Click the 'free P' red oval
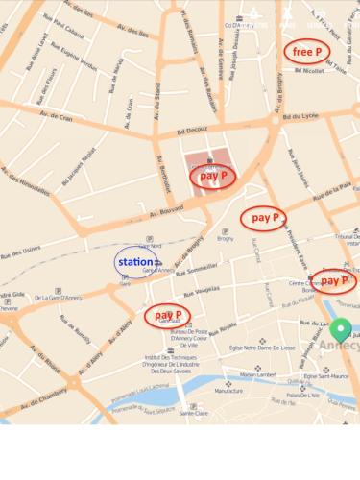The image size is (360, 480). (307, 51)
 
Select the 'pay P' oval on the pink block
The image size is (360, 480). (212, 176)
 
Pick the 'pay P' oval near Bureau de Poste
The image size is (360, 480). (167, 314)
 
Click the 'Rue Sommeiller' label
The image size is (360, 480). (202, 269)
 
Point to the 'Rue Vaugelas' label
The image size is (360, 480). (204, 289)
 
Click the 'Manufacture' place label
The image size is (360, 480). (228, 391)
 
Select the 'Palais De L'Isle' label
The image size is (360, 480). (303, 395)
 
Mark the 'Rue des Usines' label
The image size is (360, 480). (19, 252)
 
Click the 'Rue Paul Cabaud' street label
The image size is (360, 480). (61, 30)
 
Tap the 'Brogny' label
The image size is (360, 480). (226, 239)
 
